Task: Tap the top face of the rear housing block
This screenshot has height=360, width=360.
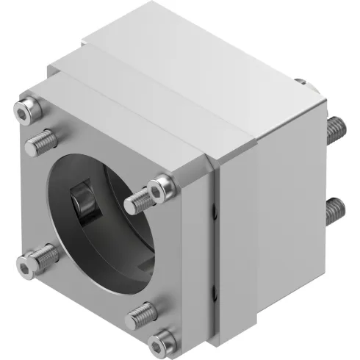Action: [191, 66]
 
